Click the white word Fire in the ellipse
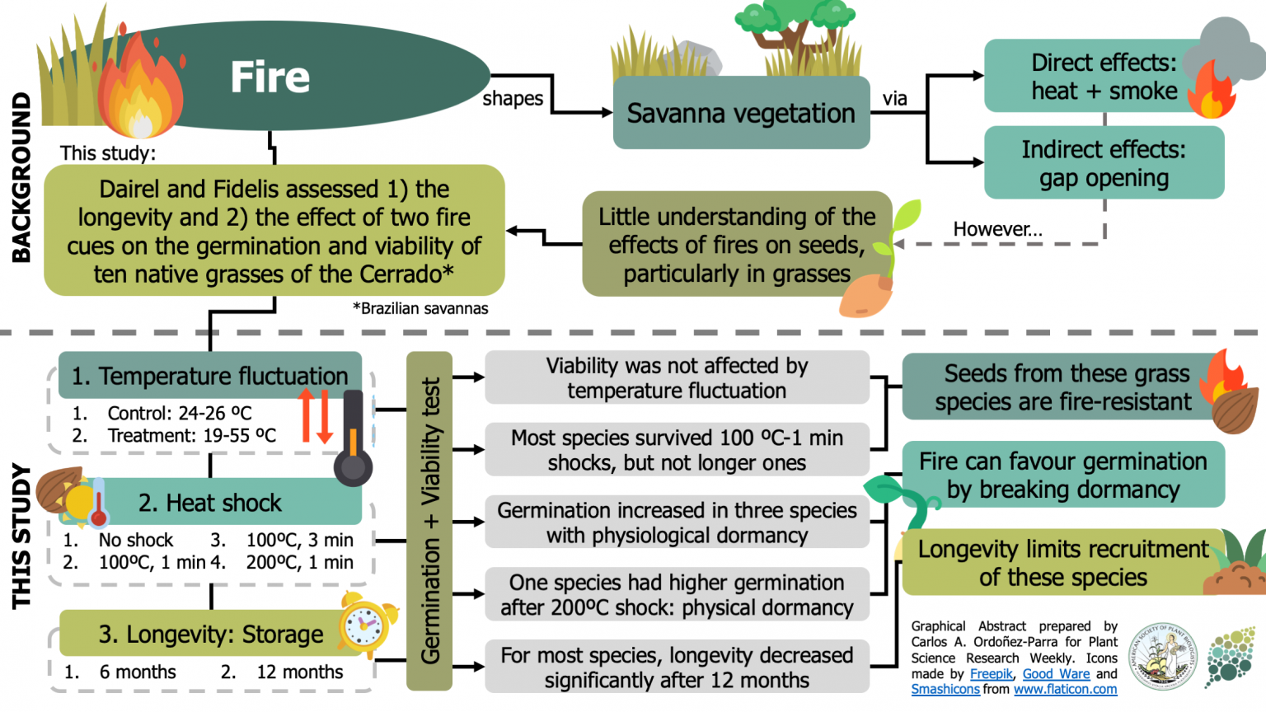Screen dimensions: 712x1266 pos(270,77)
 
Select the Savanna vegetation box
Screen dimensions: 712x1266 pos(740,113)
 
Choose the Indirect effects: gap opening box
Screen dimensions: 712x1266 pos(1103,163)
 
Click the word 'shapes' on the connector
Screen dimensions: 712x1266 pos(513,99)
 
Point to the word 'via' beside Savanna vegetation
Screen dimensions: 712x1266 pos(894,99)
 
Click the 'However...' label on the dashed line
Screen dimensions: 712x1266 pos(997,229)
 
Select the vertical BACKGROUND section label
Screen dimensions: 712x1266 pos(21,177)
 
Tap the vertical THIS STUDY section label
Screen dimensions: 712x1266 pos(21,536)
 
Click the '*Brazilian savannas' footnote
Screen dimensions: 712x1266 pos(420,308)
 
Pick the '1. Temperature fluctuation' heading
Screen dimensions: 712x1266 pos(209,376)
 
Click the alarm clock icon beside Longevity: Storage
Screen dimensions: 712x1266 pos(366,624)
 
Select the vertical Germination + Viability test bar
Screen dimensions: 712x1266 pos(429,521)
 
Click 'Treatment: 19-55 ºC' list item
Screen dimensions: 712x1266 pos(191,435)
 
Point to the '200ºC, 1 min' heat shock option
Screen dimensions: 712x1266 pos(299,562)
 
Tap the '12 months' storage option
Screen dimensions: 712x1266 pos(299,672)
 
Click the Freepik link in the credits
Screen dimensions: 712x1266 pos(991,674)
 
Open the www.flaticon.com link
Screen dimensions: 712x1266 pos(1065,690)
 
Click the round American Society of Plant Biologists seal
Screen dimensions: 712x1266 pos(1162,657)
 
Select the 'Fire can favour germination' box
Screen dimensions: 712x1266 pos(1062,475)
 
